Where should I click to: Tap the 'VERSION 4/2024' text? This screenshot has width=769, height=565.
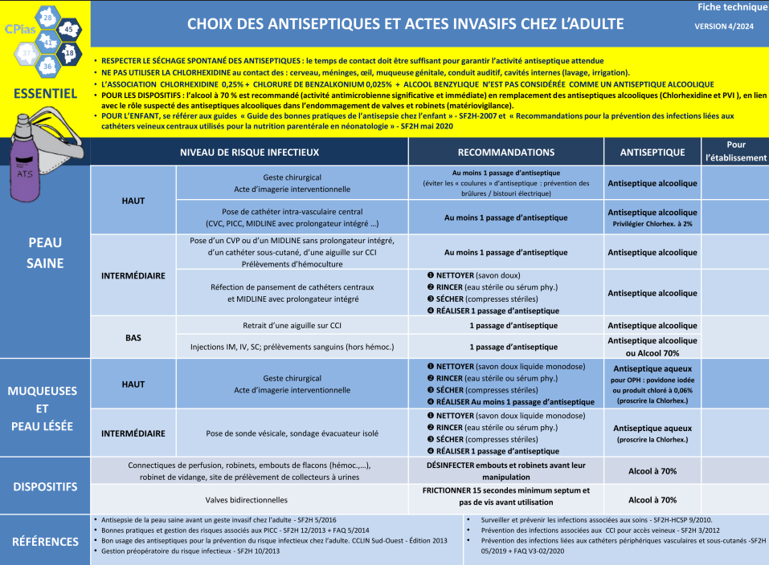point(724,26)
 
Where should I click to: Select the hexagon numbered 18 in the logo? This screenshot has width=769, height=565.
point(70,53)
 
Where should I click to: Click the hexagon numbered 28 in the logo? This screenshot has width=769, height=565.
point(47,18)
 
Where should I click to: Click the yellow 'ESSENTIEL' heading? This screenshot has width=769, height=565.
point(45,93)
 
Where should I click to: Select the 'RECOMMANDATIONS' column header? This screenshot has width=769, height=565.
point(505,152)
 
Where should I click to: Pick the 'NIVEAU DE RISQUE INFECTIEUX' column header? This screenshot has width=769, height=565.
point(249,152)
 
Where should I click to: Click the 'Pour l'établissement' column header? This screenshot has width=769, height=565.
point(735,151)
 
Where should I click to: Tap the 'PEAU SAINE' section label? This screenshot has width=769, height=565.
point(45,252)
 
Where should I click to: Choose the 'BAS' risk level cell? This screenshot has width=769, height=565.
point(133,338)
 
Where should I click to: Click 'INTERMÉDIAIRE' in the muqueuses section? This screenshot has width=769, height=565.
point(133,433)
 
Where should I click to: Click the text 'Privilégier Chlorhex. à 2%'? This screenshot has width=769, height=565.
point(652,223)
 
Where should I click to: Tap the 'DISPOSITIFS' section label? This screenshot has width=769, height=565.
point(45,486)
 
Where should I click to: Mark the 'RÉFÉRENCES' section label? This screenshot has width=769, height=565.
point(45,542)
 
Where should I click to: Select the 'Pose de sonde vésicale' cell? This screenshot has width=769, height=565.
point(292,433)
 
